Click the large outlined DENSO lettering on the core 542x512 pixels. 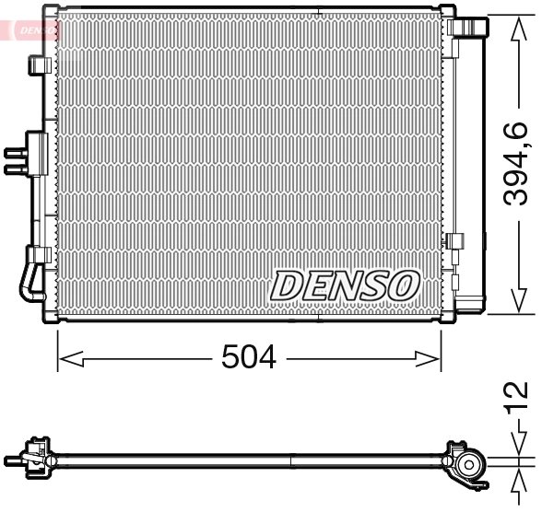pyautogui.click(x=345, y=285)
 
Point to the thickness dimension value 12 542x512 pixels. pyautogui.click(x=519, y=393)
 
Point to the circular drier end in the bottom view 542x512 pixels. pyautogui.click(x=471, y=464)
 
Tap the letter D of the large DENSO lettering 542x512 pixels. pyautogui.click(x=287, y=285)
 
